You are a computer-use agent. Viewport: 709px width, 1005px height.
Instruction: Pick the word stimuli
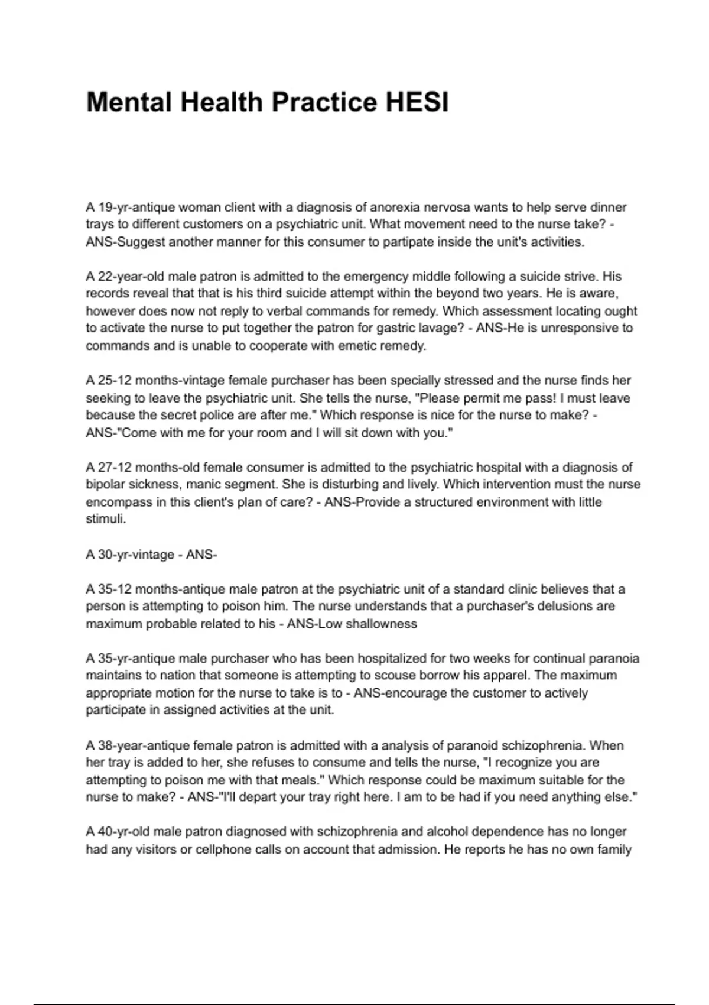pyautogui.click(x=105, y=519)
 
